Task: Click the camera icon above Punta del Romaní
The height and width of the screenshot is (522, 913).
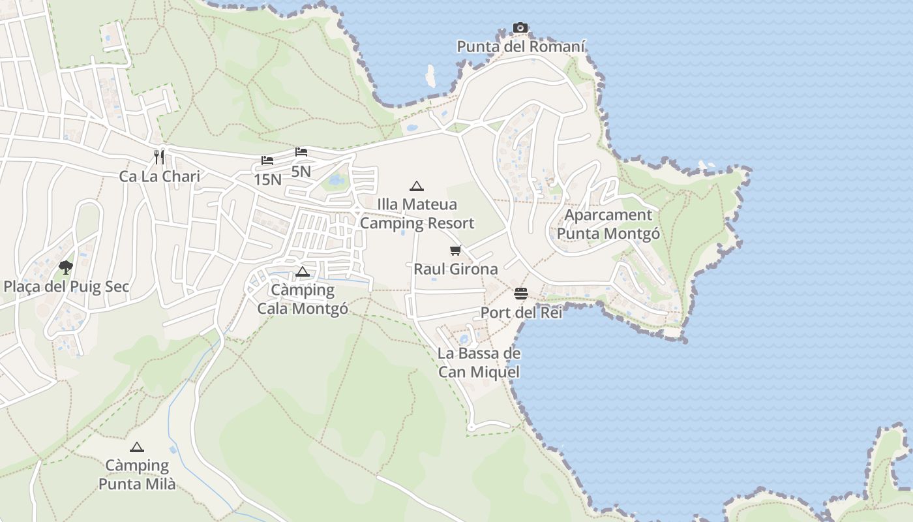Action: click(520, 27)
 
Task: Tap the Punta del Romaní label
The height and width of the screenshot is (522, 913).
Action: click(521, 47)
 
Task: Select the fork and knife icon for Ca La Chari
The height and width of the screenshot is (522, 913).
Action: click(158, 157)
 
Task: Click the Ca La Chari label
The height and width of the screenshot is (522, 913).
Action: click(159, 176)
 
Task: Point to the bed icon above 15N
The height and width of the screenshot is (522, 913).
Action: click(267, 161)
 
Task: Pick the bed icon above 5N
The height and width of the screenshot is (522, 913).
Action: click(301, 152)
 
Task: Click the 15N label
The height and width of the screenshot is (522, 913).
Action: click(267, 180)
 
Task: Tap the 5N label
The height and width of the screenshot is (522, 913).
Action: click(301, 172)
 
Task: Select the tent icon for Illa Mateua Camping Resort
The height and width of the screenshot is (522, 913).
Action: click(417, 186)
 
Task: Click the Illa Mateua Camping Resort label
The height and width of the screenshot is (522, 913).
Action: click(417, 214)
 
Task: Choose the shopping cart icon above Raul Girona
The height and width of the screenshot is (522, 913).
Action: click(456, 250)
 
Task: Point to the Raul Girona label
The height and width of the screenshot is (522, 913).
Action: click(456, 269)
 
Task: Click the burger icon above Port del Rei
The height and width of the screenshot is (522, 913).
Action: click(520, 294)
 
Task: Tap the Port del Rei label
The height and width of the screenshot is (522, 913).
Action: click(521, 313)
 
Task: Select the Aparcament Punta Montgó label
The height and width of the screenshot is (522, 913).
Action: click(608, 224)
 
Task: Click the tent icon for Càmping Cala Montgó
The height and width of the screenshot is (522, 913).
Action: click(302, 271)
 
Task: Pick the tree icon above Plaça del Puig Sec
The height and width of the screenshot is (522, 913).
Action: click(65, 267)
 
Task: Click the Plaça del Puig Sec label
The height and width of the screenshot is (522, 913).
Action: click(67, 286)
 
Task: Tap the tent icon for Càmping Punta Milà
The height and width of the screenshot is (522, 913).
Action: click(136, 447)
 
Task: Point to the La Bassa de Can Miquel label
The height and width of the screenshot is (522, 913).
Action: click(479, 363)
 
